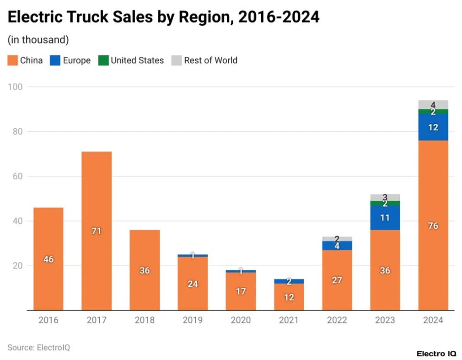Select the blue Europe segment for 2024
pos(433,127)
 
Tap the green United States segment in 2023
pos(385,203)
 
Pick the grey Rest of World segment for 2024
pos(433,104)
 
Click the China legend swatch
pos(13,60)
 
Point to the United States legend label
pos(137,60)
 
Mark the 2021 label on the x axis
pos(289,320)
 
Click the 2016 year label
pos(48,320)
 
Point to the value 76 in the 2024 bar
pos(433,226)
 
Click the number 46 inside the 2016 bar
pos(48,259)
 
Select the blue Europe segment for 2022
pos(337,246)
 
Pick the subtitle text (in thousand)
pos(38,40)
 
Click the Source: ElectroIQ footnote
pos(38,347)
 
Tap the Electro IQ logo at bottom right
pos(436,354)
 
